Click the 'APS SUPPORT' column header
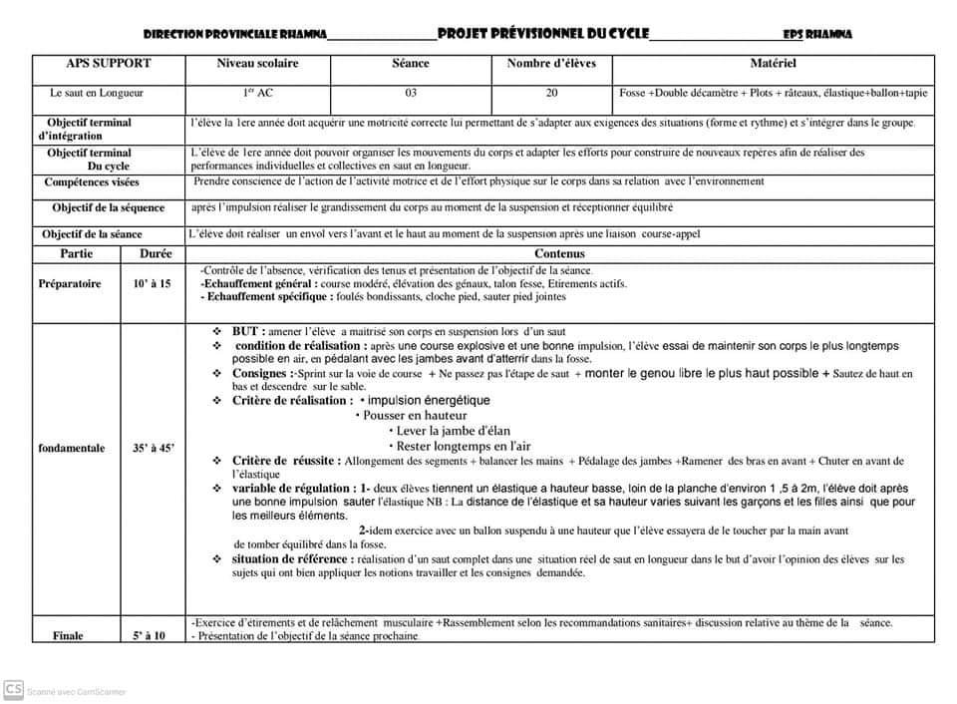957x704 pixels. tap(109, 64)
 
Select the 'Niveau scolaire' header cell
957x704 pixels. tap(257, 64)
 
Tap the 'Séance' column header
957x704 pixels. tap(411, 64)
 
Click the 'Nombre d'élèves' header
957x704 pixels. tap(551, 64)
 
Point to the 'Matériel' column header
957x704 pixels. tap(773, 64)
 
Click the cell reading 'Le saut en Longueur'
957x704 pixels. tap(97, 93)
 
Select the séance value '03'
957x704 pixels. tap(411, 93)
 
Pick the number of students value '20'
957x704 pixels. tap(551, 93)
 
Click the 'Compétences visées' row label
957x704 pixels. tap(92, 182)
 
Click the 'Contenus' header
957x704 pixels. tap(559, 254)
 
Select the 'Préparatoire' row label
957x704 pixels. tap(69, 284)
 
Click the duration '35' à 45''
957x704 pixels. tap(153, 449)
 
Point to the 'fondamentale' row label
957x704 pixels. tap(71, 449)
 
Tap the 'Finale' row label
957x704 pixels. tap(68, 635)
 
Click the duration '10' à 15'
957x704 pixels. tap(152, 284)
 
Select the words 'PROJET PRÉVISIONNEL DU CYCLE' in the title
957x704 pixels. tap(542, 34)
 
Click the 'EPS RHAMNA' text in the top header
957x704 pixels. tap(817, 35)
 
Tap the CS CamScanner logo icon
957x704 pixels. tap(14, 689)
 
